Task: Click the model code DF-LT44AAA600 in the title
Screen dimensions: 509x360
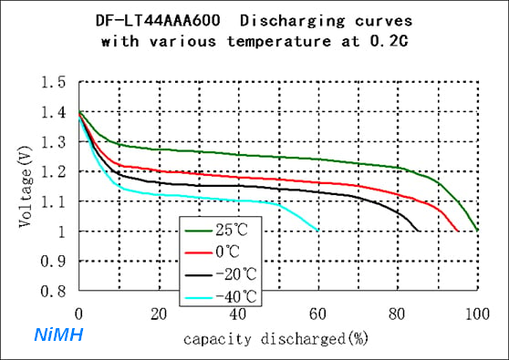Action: (158, 21)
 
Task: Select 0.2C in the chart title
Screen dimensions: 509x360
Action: (389, 42)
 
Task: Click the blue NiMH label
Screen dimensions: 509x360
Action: (58, 334)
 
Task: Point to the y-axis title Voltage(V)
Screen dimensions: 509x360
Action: (26, 187)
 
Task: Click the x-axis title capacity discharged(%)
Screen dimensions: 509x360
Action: (275, 339)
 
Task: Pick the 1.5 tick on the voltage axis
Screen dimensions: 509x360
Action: (53, 82)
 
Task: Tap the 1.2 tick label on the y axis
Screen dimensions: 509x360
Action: (53, 171)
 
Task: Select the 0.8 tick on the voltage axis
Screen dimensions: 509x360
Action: (53, 291)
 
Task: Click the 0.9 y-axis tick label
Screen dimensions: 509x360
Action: (53, 261)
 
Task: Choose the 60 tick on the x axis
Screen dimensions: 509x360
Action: (317, 314)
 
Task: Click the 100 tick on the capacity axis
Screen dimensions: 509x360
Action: (477, 314)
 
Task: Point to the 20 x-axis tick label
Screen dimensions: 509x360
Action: (159, 314)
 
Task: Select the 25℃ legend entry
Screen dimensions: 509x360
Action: (216, 231)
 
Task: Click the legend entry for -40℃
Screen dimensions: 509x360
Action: (221, 297)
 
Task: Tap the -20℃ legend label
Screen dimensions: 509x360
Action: (221, 274)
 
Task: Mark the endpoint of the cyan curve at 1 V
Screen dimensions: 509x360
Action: (318, 231)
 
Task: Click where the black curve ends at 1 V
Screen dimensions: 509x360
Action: (419, 231)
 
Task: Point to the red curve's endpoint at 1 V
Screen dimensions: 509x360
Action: (458, 231)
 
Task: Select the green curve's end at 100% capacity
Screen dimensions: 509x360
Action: (477, 231)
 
